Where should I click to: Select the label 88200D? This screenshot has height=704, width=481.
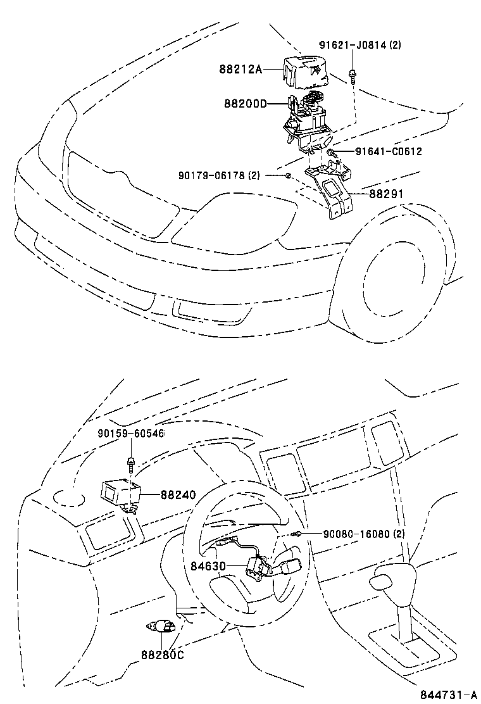[x=246, y=103]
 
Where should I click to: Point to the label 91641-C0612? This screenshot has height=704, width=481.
[x=388, y=152]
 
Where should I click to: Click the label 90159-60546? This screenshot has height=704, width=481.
[x=131, y=434]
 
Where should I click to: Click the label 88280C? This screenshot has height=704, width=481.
[x=161, y=655]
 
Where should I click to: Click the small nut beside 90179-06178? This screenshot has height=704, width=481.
[x=287, y=175]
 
